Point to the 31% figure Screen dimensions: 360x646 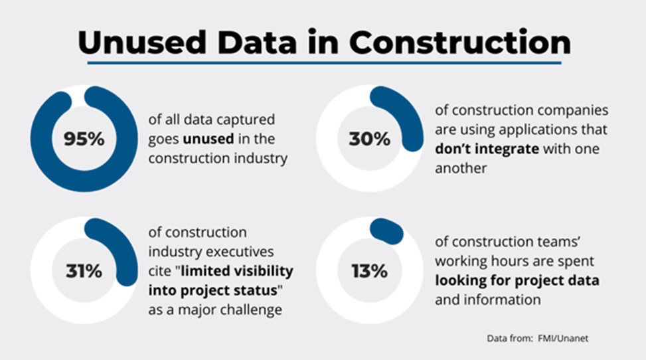pyautogui.click(x=83, y=271)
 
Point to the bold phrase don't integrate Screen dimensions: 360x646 pyautogui.click(x=487, y=149)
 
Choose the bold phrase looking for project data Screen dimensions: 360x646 pyautogui.click(x=517, y=280)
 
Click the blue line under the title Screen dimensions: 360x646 pyautogui.click(x=323, y=64)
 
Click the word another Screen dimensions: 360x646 pyautogui.click(x=461, y=168)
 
